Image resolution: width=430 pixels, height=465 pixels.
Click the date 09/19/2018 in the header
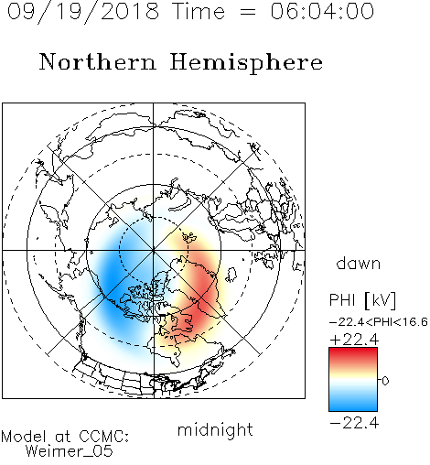tap(83, 12)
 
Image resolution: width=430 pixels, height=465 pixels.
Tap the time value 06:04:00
tap(322, 11)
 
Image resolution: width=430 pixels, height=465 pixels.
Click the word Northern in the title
tap(98, 61)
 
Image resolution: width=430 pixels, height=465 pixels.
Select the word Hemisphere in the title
tap(246, 63)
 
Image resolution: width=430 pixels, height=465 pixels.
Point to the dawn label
tap(359, 263)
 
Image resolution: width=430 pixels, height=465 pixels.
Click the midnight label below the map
tap(215, 430)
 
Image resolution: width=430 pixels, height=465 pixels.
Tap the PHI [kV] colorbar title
tap(362, 300)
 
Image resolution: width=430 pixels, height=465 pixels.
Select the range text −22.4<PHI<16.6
tap(379, 322)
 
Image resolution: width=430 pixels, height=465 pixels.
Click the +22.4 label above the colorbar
tap(354, 340)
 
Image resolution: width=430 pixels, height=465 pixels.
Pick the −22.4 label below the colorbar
tap(354, 423)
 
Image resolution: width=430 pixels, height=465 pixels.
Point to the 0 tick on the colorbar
tap(385, 381)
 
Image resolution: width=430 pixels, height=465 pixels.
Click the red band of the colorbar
tap(353, 355)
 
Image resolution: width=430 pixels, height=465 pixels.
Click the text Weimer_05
tap(70, 451)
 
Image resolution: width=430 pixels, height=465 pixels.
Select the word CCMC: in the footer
tap(104, 437)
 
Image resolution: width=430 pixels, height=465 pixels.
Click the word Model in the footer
tap(24, 437)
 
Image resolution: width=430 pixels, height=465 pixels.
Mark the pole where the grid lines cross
tap(154, 250)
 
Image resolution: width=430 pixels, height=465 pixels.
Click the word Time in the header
tap(199, 12)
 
